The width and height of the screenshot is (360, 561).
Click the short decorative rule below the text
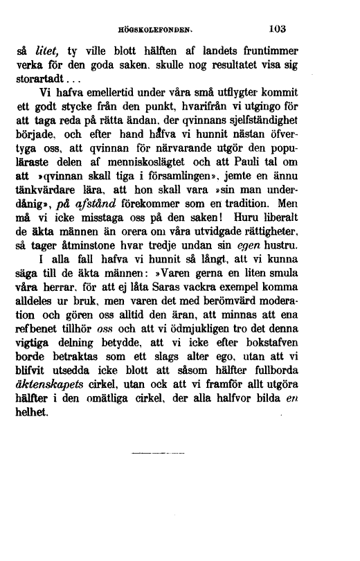158,455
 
